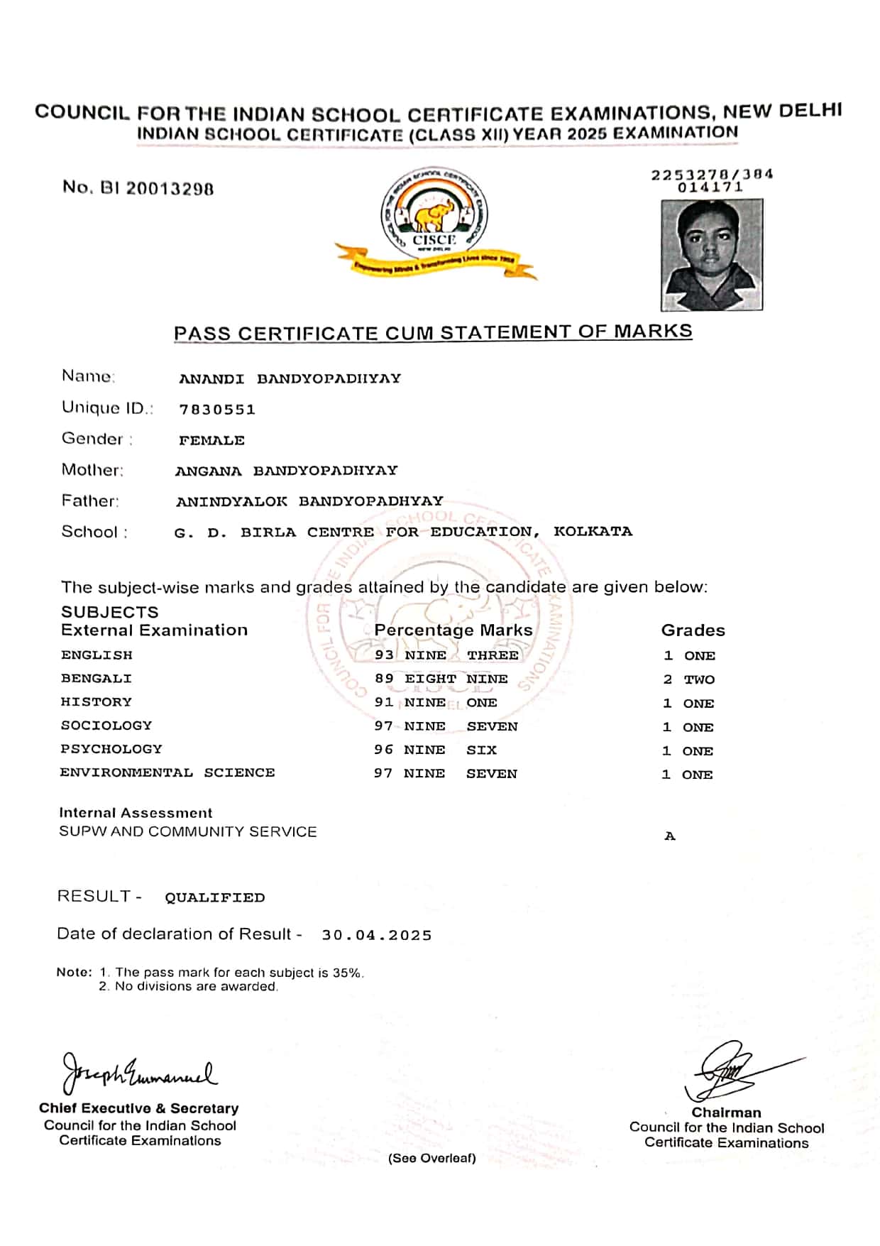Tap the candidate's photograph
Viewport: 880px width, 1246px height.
tap(712, 254)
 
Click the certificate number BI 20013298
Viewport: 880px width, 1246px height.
tap(138, 188)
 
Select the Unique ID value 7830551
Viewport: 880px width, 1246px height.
tap(217, 410)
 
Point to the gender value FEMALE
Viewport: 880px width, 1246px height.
tap(211, 441)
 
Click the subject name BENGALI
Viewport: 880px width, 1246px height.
tap(97, 679)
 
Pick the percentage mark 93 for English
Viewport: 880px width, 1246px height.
tap(384, 655)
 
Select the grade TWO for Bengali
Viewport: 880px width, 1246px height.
tap(699, 680)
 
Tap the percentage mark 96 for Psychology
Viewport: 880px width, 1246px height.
tap(384, 750)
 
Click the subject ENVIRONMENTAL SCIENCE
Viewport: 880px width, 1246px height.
tap(167, 773)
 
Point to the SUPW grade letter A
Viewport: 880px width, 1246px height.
tap(670, 836)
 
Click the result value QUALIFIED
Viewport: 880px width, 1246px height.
tap(214, 898)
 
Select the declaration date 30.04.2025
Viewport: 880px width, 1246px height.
tap(377, 936)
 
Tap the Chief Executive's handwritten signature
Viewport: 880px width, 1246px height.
tap(139, 1074)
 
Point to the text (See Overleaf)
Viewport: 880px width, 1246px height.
tap(431, 1159)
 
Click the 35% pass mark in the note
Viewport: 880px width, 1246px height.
tap(348, 973)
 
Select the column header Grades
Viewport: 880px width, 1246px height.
tap(693, 630)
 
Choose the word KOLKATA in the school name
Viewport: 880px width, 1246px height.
tap(593, 532)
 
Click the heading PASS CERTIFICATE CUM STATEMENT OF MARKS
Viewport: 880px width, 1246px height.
tap(433, 333)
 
